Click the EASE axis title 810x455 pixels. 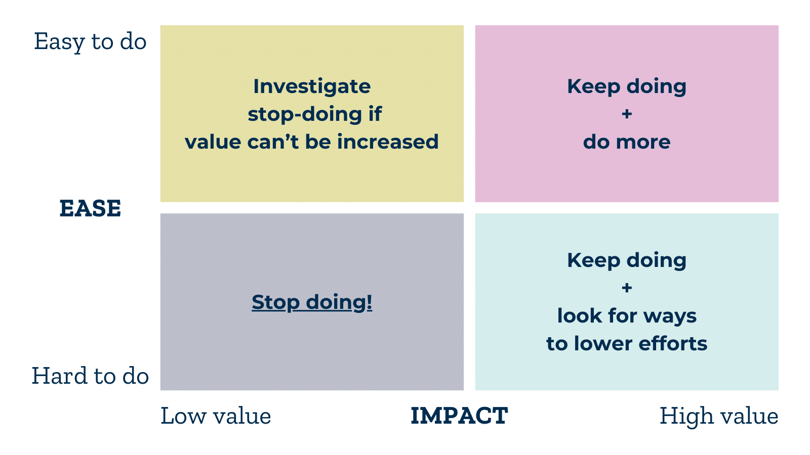point(90,208)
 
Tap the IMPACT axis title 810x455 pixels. point(459,416)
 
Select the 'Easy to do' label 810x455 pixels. point(90,41)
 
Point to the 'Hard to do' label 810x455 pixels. point(90,376)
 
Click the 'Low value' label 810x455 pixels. point(216,416)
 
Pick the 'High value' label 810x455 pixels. point(719,416)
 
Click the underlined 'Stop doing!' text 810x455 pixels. point(312,302)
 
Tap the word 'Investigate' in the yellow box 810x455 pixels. point(312,86)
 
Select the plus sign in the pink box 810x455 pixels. point(627,114)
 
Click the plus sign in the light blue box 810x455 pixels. point(627,288)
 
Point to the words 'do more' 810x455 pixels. point(627,142)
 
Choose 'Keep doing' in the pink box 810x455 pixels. point(627,86)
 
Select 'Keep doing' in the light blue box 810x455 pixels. point(627,260)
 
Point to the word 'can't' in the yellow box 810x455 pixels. point(273,142)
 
